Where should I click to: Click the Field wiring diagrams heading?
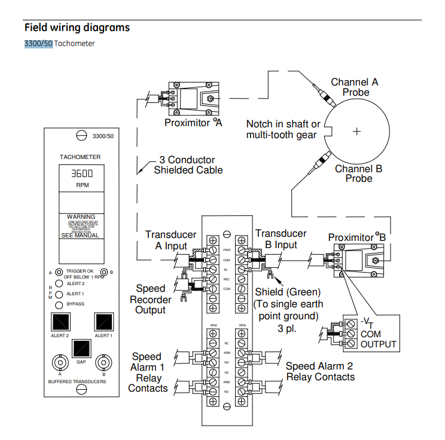pyautogui.click(x=77, y=27)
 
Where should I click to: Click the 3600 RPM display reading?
pyautogui.click(x=82, y=174)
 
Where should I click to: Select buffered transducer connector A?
pyautogui.click(x=60, y=362)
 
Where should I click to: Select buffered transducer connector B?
pyautogui.click(x=103, y=362)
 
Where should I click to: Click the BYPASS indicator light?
pyautogui.click(x=59, y=304)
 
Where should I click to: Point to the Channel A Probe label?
pyautogui.click(x=355, y=87)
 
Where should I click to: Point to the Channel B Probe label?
pyautogui.click(x=358, y=173)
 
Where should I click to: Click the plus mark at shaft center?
pyautogui.click(x=357, y=132)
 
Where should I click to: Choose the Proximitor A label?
pyautogui.click(x=193, y=123)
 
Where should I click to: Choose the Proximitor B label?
pyautogui.click(x=357, y=237)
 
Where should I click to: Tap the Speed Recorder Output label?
pyautogui.click(x=151, y=300)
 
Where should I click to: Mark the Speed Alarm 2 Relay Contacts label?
pyautogui.click(x=320, y=371)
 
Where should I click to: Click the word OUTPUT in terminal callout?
pyautogui.click(x=379, y=344)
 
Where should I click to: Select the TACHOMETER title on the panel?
pyautogui.click(x=80, y=157)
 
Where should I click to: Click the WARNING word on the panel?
pyautogui.click(x=81, y=216)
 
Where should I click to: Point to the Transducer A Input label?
pyautogui.click(x=171, y=240)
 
